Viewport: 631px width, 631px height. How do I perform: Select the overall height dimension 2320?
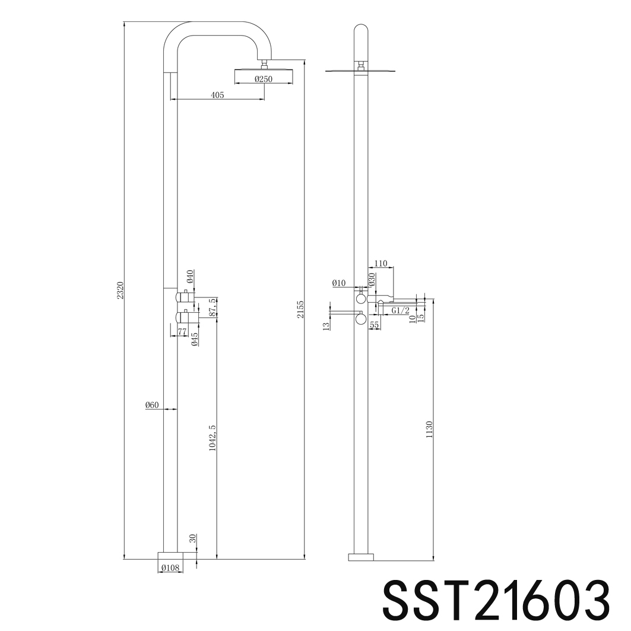tap(120, 291)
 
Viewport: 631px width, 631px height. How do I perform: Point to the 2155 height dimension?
tap(301, 309)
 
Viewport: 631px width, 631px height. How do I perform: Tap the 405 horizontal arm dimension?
tap(217, 95)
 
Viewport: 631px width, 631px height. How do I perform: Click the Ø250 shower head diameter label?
tap(264, 80)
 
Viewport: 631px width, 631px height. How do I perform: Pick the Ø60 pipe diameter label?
tap(152, 405)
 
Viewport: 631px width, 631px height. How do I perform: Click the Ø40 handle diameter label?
tap(190, 277)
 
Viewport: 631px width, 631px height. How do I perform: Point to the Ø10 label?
tap(338, 283)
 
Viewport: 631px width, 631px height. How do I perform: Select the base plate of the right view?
tap(361, 556)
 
